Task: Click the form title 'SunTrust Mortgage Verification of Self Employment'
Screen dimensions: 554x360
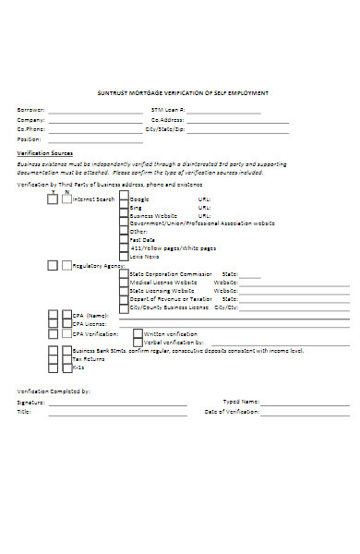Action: click(x=183, y=93)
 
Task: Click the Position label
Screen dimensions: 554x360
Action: click(x=30, y=138)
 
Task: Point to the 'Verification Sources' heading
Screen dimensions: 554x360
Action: click(x=45, y=152)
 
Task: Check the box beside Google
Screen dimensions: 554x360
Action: click(x=124, y=199)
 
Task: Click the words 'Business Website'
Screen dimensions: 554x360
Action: click(x=153, y=215)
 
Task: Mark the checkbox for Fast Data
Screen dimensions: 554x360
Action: click(x=124, y=240)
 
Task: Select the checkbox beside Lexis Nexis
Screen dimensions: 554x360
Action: click(x=124, y=257)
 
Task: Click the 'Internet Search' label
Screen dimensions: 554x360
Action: click(x=94, y=199)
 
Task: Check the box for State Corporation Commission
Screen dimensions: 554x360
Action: click(x=124, y=274)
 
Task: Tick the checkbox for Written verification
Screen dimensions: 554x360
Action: click(x=138, y=333)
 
